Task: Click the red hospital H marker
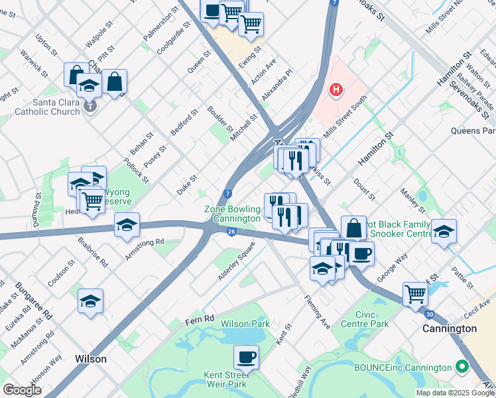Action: [x=336, y=90]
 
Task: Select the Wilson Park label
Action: [x=245, y=324]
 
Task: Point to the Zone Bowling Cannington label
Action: [x=232, y=214]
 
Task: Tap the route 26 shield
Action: [x=231, y=231]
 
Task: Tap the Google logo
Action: [x=23, y=390]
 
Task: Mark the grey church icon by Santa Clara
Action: [x=90, y=105]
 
